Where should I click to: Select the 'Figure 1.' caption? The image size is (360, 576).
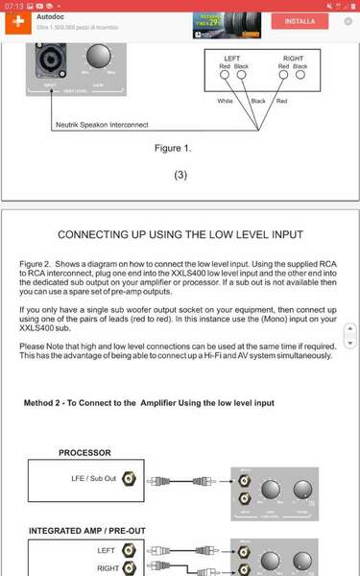click(173, 149)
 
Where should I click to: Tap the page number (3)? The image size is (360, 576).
click(180, 177)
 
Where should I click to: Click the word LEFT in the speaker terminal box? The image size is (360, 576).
click(232, 59)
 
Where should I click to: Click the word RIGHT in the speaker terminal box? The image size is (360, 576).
click(292, 59)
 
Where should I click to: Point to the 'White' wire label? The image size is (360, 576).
click(226, 101)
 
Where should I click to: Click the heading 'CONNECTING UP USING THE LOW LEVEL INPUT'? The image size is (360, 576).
click(180, 233)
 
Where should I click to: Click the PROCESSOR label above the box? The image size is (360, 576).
click(84, 452)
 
